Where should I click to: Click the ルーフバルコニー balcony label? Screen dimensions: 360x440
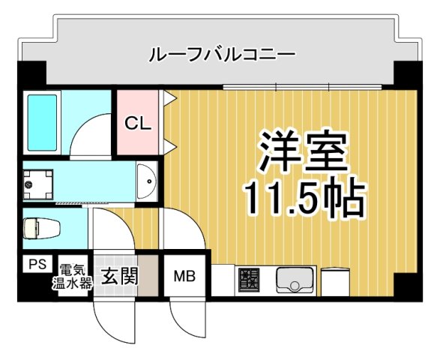coord(223,54)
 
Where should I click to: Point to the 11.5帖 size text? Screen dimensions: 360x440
coord(303,196)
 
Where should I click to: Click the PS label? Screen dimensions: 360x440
coord(36,265)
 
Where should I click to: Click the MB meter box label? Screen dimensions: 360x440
coord(184,277)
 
